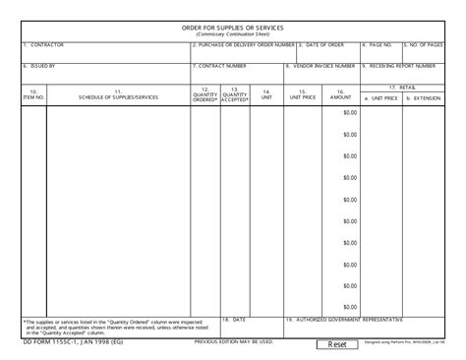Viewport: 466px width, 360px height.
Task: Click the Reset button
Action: (337, 344)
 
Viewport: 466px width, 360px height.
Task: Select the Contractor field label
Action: (43, 45)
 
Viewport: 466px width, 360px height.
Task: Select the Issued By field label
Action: (39, 66)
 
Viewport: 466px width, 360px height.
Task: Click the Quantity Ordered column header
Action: (205, 94)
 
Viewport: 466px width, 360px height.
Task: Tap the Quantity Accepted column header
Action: (235, 94)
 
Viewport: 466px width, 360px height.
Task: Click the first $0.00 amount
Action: (350, 112)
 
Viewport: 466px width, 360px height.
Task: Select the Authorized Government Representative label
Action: (343, 320)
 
